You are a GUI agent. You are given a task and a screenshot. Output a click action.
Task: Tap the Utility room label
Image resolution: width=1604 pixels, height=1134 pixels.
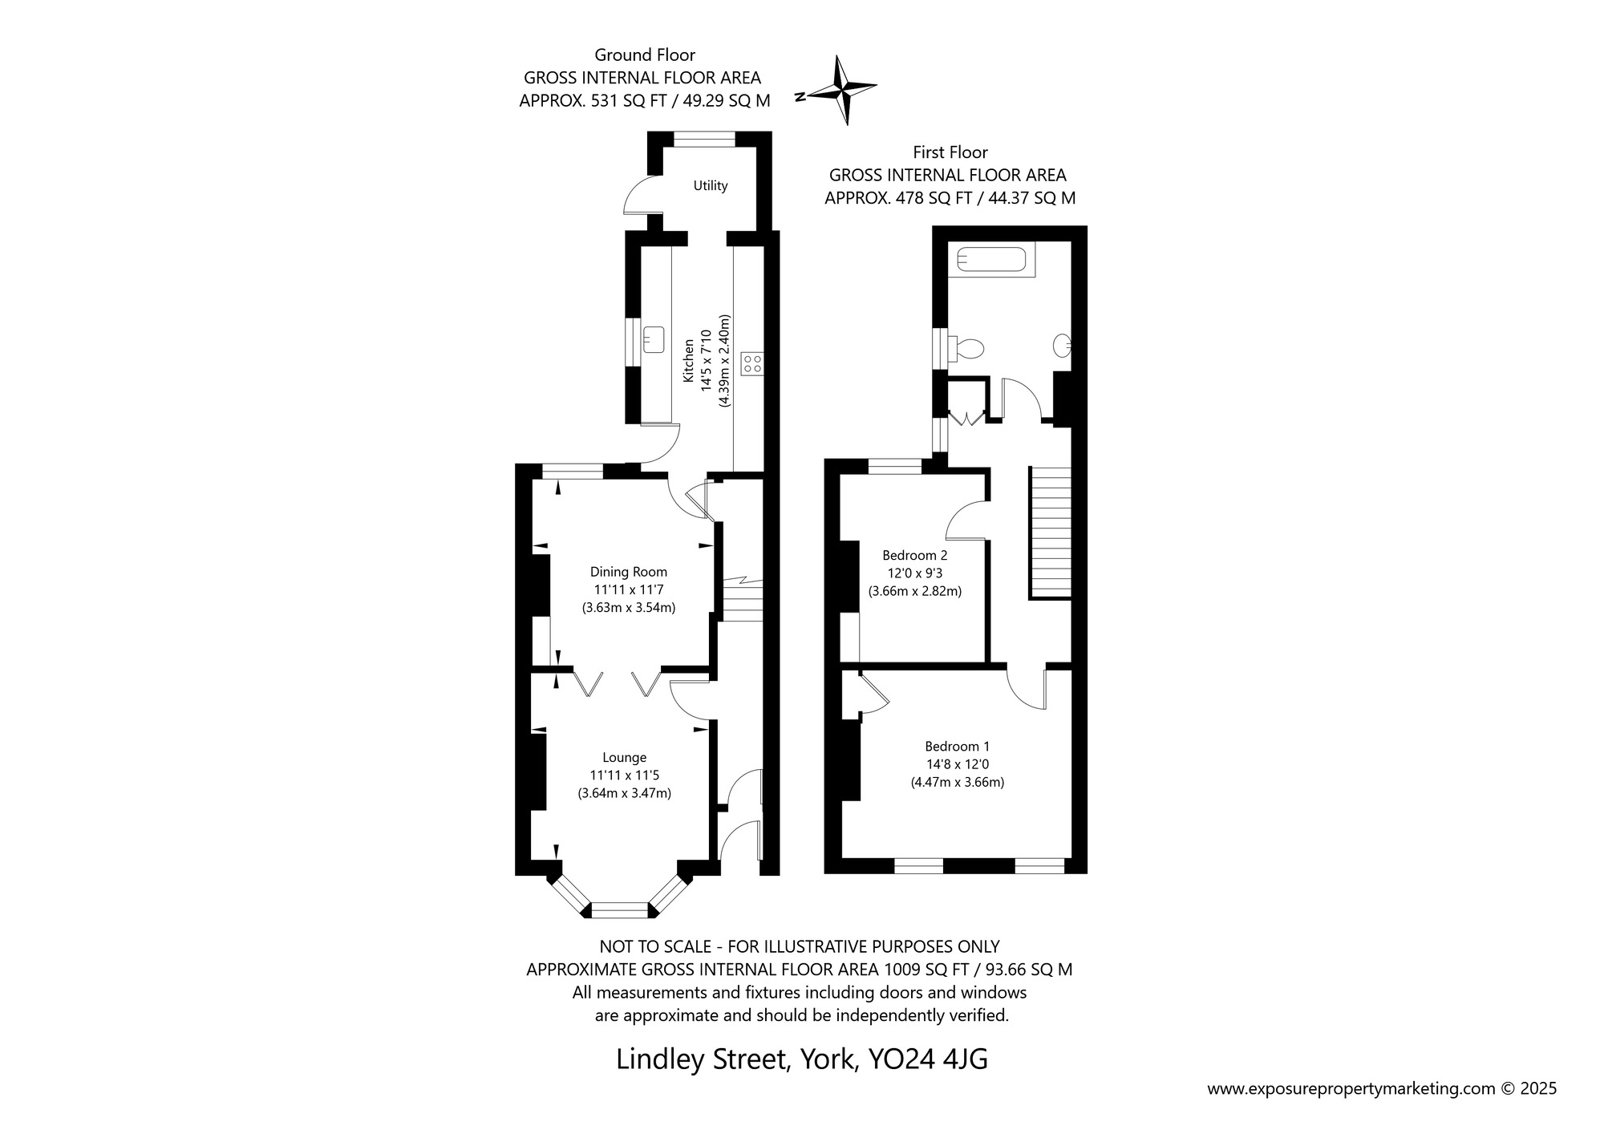pos(710,186)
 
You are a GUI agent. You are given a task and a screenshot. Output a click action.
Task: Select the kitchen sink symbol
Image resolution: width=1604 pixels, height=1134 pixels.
pos(653,338)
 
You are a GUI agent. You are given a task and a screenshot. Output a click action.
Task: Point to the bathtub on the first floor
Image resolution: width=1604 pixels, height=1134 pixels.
pos(991,258)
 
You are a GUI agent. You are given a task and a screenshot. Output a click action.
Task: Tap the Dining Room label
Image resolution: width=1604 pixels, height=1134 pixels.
pos(628,572)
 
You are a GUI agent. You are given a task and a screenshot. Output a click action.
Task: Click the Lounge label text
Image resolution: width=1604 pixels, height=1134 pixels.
pos(624,757)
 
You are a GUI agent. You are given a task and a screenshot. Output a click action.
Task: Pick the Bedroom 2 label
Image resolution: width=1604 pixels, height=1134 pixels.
pos(914,555)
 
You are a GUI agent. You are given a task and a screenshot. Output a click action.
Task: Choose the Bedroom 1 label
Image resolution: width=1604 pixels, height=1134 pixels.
pos(957,746)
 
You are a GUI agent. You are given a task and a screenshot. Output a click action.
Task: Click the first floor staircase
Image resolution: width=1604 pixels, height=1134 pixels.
pos(1051,533)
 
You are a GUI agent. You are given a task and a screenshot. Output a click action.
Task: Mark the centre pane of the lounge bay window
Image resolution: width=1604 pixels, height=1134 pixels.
pos(618,909)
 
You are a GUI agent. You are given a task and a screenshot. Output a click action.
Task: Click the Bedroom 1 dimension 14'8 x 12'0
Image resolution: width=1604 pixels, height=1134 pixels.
pos(957,764)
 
